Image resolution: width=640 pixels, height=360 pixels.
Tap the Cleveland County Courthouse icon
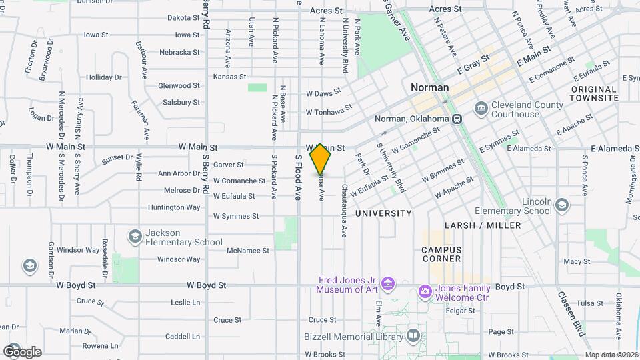tap(481, 108)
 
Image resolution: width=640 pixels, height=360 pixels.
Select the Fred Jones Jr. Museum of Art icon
tap(389, 285)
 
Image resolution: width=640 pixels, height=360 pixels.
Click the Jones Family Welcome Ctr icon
tap(425, 291)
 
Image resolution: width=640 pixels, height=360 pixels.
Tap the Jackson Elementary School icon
tap(135, 237)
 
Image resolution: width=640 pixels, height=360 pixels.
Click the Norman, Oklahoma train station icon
tap(457, 119)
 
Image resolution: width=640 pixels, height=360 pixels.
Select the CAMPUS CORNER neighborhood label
tap(441, 254)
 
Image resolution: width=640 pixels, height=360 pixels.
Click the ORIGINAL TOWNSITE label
tap(593, 93)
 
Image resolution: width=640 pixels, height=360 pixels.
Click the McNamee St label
tap(247, 251)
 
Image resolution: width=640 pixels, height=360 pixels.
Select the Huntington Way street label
tap(174, 207)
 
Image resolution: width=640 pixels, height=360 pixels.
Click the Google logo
tap(22, 351)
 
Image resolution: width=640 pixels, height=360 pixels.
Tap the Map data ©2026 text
tap(611, 355)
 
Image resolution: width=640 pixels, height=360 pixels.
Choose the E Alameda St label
tap(613, 149)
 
